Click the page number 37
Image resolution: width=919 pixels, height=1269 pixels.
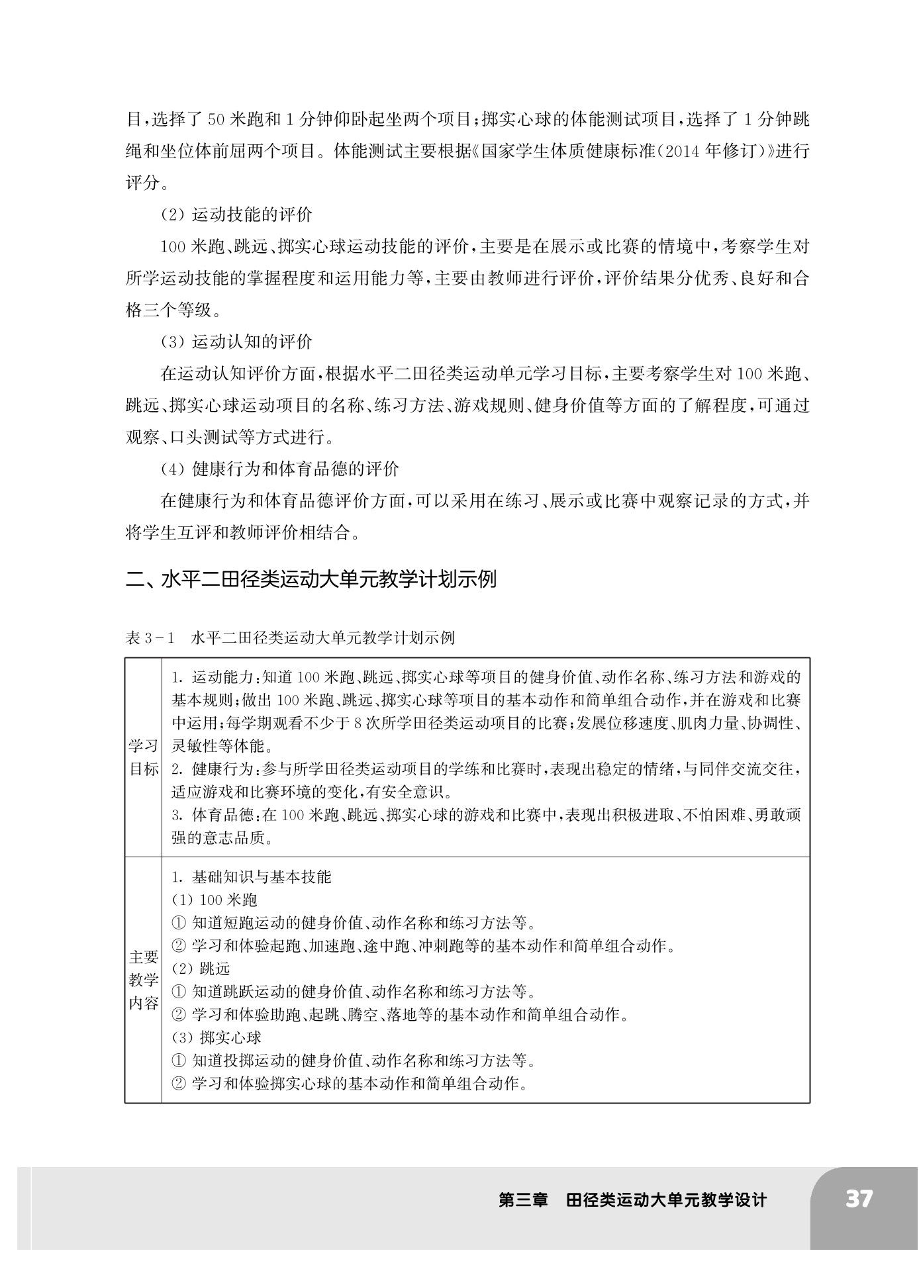(859, 1199)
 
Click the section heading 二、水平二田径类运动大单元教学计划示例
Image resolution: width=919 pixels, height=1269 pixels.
(311, 579)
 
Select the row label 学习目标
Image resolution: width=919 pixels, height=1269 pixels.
(143, 757)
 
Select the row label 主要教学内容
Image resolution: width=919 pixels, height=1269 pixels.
(143, 980)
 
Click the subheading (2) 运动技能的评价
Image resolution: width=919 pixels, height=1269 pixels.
(236, 214)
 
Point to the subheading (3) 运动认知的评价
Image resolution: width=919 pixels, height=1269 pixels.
(236, 342)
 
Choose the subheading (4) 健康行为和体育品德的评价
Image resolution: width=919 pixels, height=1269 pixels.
(280, 469)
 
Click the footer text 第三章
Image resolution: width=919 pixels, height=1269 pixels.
(523, 1199)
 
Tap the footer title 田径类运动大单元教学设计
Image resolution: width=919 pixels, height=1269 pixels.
(666, 1199)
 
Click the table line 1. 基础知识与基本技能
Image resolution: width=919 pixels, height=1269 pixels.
(251, 877)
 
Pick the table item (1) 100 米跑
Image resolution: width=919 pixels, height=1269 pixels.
(214, 900)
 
